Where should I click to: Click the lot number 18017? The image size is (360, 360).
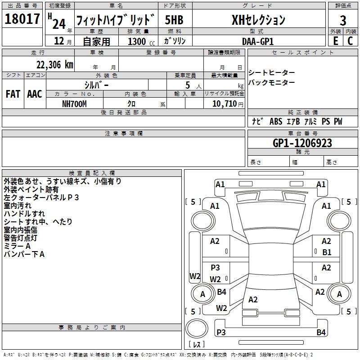click(x=22, y=20)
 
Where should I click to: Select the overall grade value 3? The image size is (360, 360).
click(x=343, y=21)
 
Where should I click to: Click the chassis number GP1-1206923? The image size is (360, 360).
click(x=302, y=143)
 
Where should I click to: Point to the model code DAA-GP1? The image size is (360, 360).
click(x=257, y=41)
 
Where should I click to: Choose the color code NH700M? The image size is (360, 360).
click(x=74, y=103)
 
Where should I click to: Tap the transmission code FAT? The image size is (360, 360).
click(x=13, y=94)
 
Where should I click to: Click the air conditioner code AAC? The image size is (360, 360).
click(x=35, y=94)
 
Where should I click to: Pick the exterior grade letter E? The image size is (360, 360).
click(x=335, y=41)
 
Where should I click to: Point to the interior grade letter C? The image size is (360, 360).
click(x=350, y=41)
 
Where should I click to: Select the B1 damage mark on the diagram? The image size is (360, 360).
click(x=327, y=252)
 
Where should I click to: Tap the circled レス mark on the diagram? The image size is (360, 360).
click(x=198, y=344)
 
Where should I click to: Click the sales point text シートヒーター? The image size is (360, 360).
click(x=272, y=73)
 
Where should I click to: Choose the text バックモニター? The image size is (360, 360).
click(x=272, y=83)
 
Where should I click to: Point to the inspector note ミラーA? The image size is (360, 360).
click(x=17, y=246)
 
